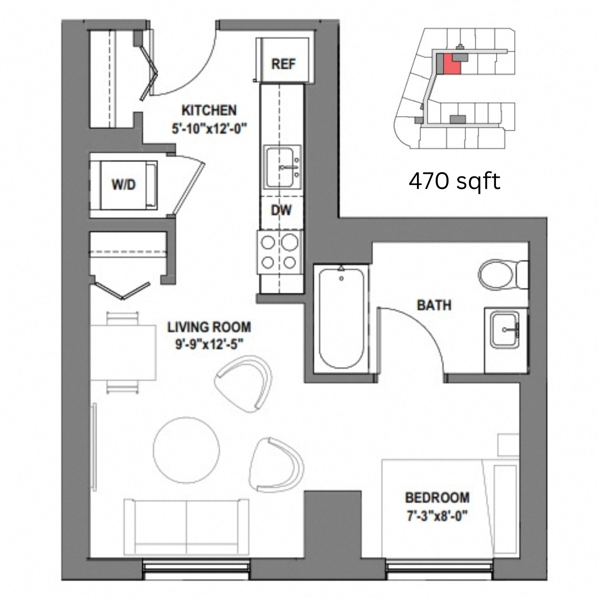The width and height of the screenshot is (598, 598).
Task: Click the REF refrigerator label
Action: [x=283, y=63]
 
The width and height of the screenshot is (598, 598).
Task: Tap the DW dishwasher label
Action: [x=281, y=210]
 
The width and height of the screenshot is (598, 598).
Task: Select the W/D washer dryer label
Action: [x=124, y=185]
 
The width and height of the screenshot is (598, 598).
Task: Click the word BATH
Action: [x=434, y=305]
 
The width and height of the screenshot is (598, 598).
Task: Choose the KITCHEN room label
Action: [x=209, y=110]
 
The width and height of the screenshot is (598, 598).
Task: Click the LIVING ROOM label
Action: [x=209, y=327]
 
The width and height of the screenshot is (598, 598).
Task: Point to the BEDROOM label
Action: [x=437, y=498]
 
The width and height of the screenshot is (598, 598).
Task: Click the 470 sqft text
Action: [x=454, y=182]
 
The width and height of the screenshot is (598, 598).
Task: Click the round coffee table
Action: [x=187, y=451]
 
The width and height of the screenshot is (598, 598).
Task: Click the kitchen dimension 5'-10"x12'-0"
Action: [x=210, y=129]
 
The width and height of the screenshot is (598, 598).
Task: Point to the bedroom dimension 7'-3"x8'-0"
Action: [x=436, y=516]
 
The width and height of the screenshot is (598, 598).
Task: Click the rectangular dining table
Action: [x=123, y=353]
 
